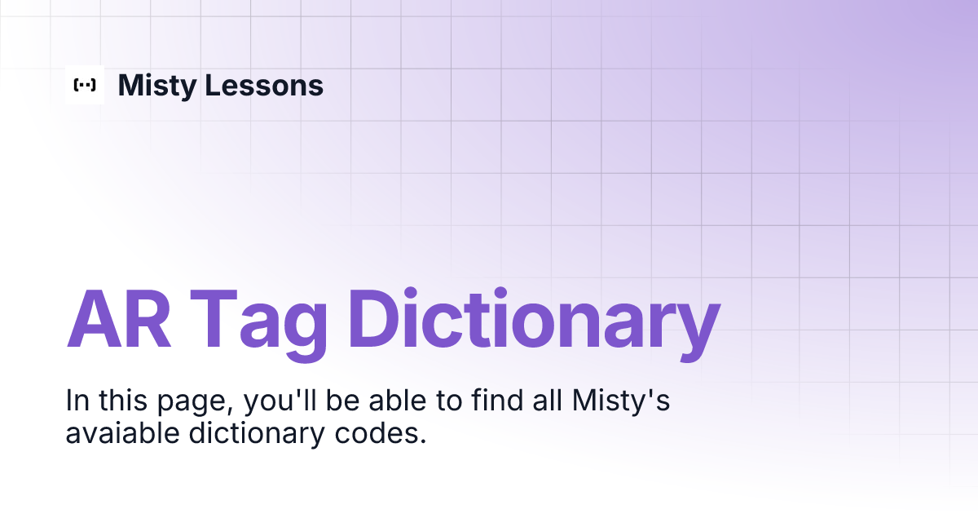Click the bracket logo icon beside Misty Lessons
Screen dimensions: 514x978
tap(85, 85)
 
